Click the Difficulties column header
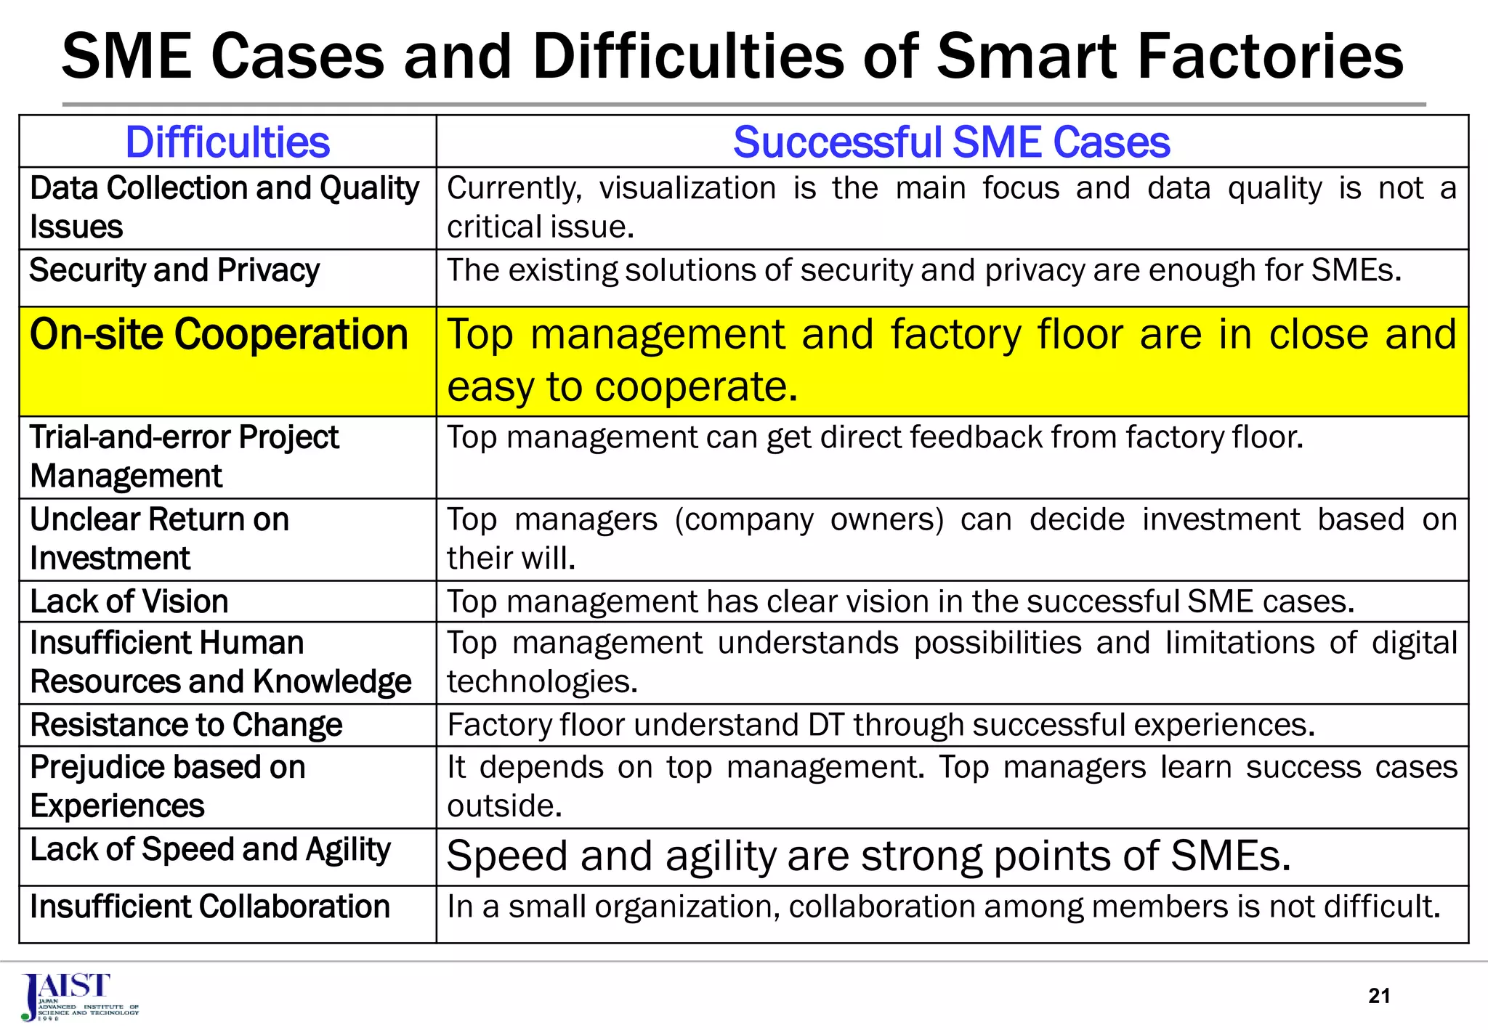[227, 142]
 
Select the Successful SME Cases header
[951, 142]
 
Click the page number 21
[1379, 996]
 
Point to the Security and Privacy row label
[174, 270]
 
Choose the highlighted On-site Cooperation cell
[219, 336]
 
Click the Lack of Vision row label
[129, 601]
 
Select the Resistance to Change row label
[186, 725]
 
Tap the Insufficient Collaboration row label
[210, 907]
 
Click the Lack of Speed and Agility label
[210, 850]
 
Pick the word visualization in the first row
[687, 188]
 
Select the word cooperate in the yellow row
[696, 387]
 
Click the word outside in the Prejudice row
[504, 806]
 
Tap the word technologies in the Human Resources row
[542, 682]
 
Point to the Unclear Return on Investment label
[159, 539]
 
